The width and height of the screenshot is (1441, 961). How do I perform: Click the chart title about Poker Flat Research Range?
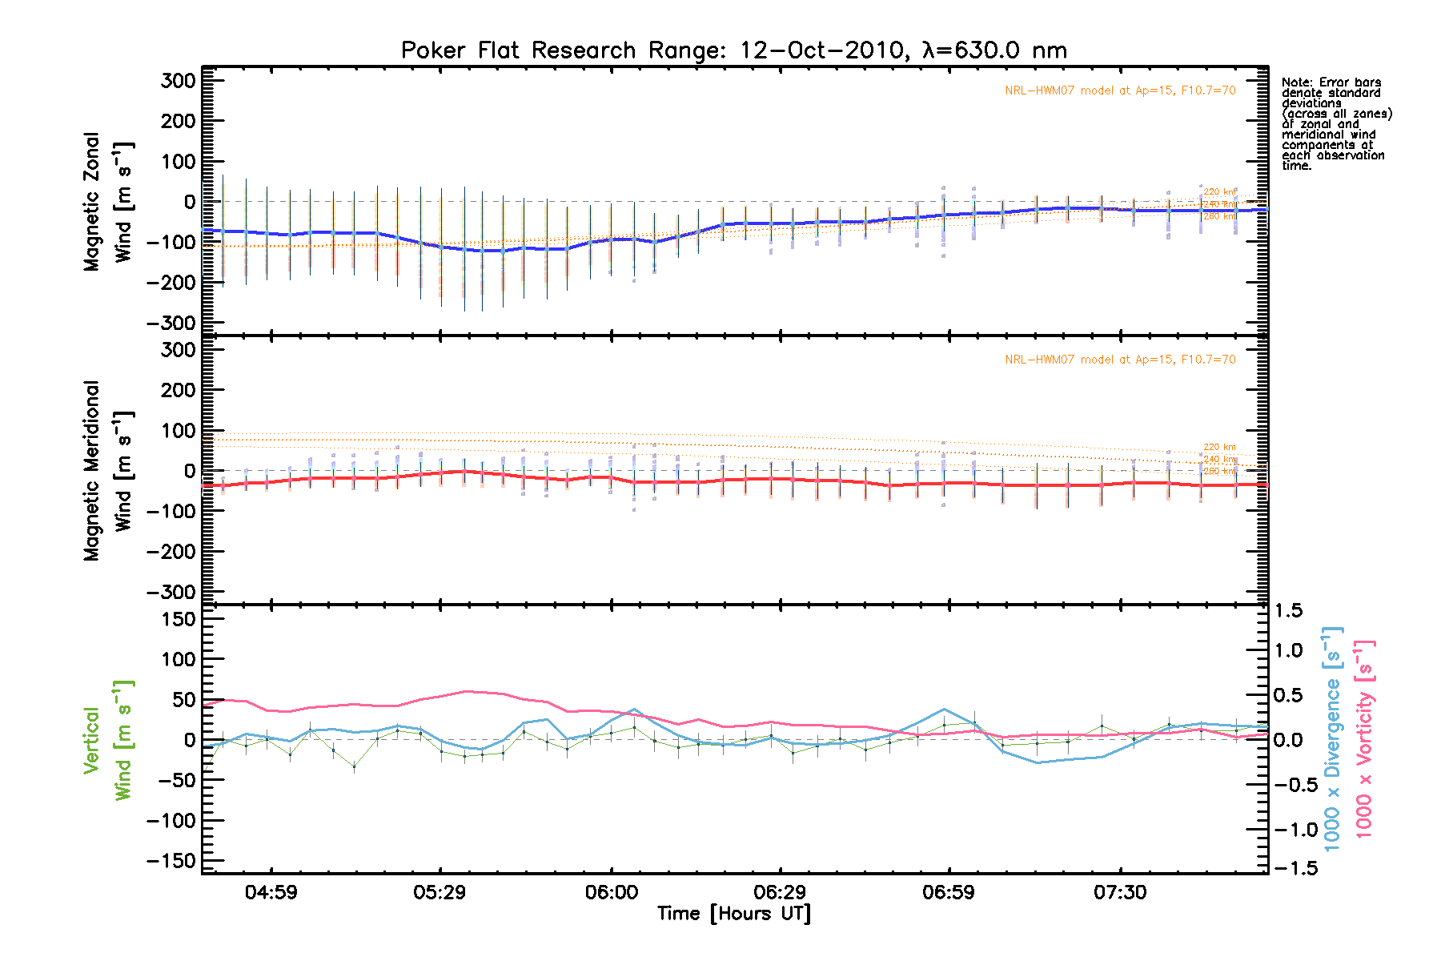[733, 50]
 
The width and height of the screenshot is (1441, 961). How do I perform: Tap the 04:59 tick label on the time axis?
[271, 892]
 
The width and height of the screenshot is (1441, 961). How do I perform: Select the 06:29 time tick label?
[780, 892]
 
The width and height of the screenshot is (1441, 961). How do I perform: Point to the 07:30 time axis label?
[1119, 892]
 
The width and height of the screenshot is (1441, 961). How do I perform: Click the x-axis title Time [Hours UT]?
[733, 914]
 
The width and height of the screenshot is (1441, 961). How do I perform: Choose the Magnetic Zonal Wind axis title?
[107, 202]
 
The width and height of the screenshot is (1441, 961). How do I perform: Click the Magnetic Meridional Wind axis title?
[107, 471]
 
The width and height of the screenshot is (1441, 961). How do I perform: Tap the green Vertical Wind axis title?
[107, 740]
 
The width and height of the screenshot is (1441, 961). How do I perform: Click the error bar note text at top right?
[1335, 124]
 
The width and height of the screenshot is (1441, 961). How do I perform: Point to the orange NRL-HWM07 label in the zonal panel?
[1120, 90]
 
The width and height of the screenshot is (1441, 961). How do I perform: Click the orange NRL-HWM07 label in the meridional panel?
[1120, 360]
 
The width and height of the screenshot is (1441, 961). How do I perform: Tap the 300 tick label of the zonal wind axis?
[178, 81]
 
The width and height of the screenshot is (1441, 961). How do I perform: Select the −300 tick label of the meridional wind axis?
[171, 593]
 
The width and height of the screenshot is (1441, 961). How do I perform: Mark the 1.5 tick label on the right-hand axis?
[1288, 611]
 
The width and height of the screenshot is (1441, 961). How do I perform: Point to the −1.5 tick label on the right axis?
[1294, 869]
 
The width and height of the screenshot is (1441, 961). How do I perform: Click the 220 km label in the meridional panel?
[1219, 447]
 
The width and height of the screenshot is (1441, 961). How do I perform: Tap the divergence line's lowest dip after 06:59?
[1038, 762]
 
